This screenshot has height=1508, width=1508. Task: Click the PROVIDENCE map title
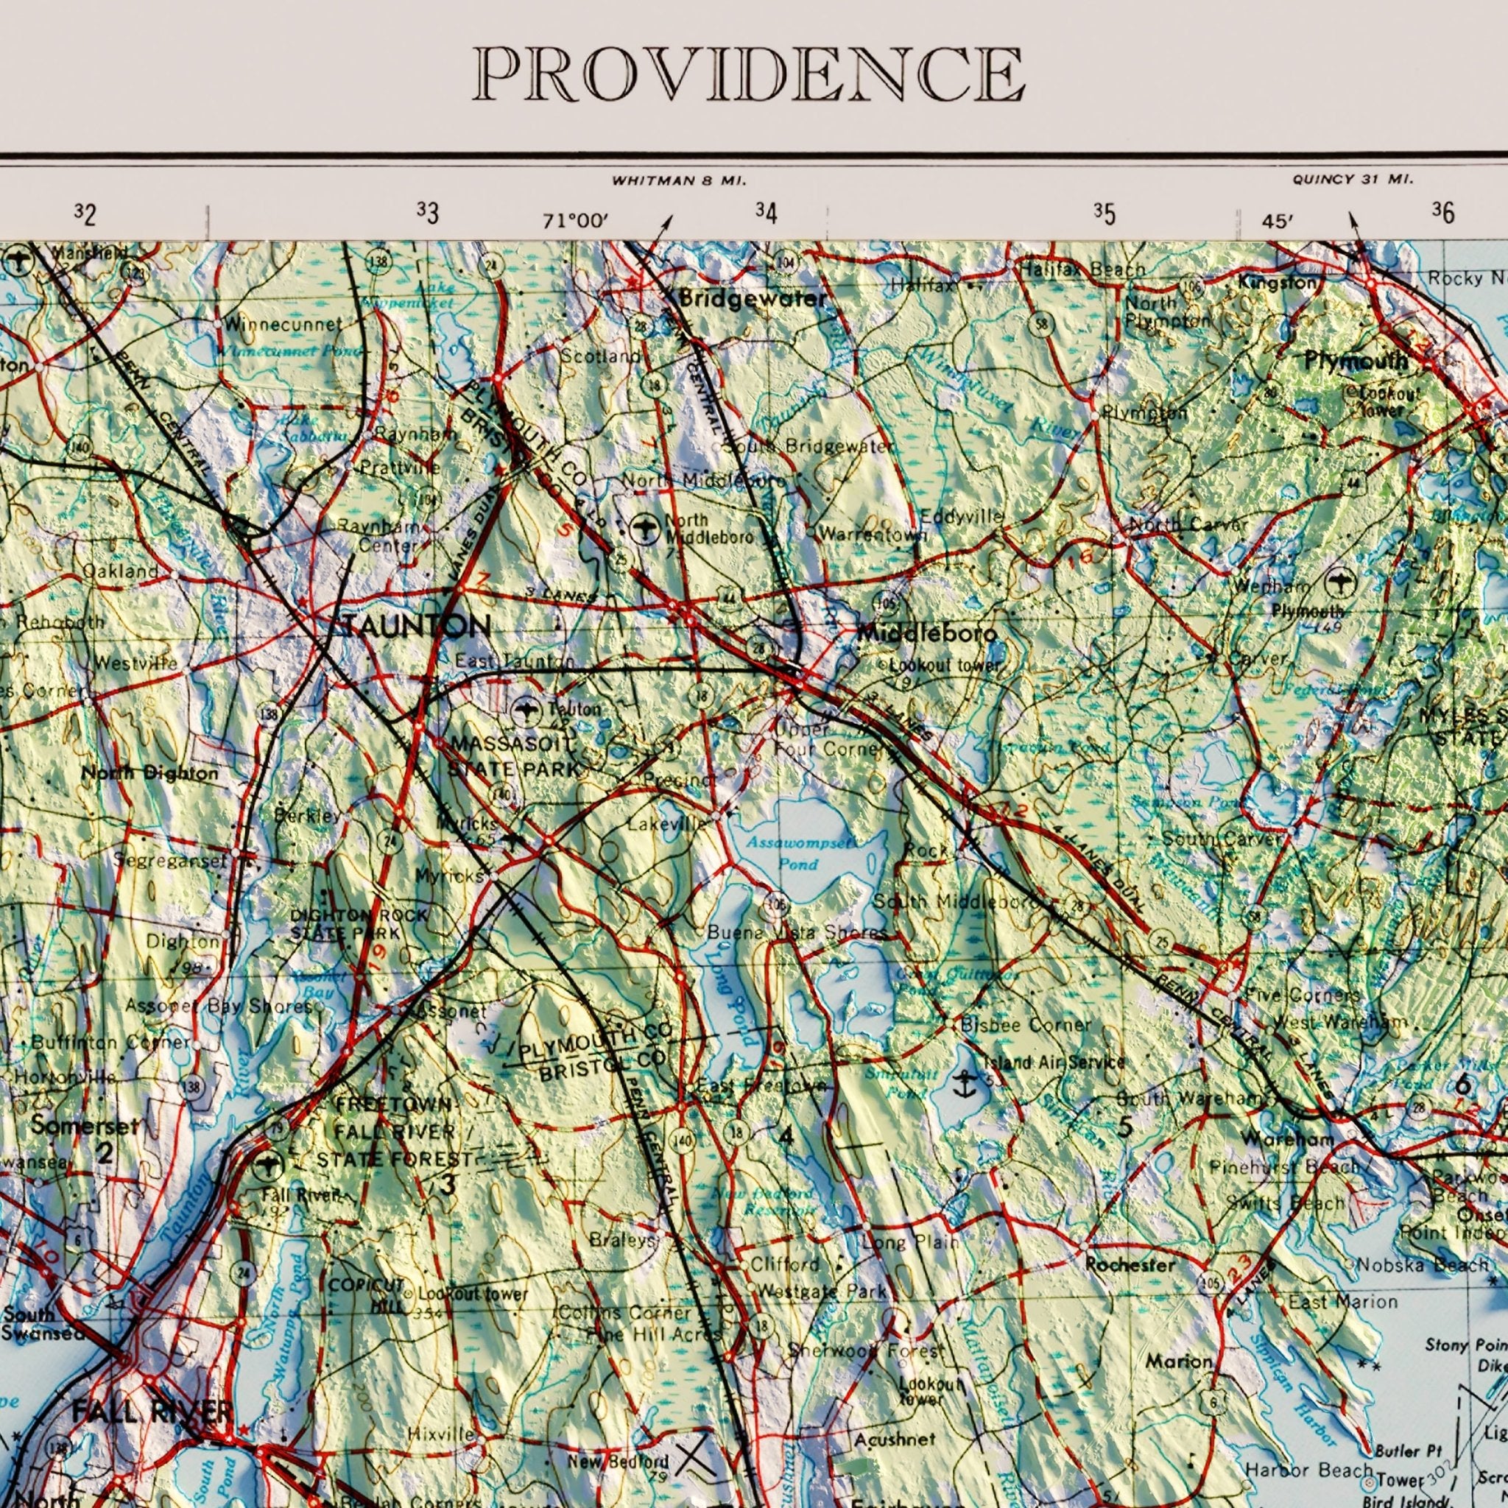coord(748,74)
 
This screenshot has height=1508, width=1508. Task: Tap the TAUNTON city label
coord(415,625)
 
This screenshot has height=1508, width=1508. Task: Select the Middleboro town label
coord(926,633)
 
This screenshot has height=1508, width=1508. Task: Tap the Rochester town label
coord(1130,1264)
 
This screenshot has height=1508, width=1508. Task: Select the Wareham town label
coord(1287,1140)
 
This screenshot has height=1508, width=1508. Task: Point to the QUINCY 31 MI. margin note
coord(1353,180)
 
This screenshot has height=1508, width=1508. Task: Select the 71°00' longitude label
coord(575,222)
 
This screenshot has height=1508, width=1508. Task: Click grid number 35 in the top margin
coord(1104,214)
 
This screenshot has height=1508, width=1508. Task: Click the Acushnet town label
coord(894,1440)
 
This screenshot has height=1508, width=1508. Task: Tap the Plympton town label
coord(1144,412)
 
